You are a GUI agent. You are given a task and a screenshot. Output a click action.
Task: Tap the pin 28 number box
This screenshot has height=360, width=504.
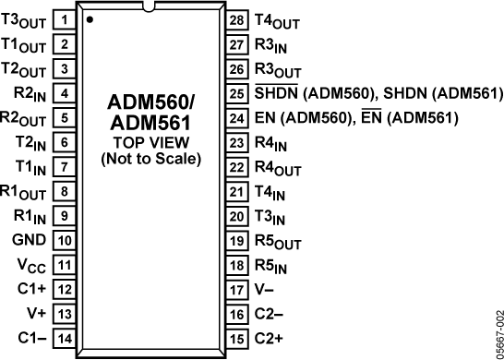[236, 19]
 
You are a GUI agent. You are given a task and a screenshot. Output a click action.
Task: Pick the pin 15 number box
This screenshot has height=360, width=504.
[236, 337]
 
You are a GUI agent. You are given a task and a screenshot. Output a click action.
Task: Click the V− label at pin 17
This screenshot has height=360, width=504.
[265, 289]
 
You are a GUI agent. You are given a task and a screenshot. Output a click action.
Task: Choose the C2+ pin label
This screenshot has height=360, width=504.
[268, 337]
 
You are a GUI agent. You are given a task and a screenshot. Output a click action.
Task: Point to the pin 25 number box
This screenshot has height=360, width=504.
[236, 93]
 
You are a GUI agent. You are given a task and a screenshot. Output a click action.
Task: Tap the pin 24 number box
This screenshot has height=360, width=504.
[236, 118]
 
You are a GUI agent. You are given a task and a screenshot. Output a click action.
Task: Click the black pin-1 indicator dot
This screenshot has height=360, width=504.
[89, 18]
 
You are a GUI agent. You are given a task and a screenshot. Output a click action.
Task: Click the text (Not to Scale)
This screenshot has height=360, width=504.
[150, 159]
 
